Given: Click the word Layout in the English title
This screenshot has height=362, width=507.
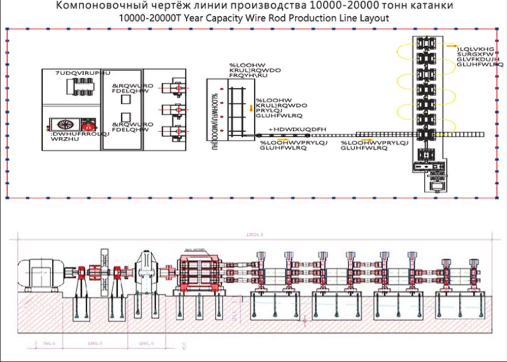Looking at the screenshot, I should coord(371,18).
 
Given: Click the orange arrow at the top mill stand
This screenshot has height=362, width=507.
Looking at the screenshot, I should coord(451,45).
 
